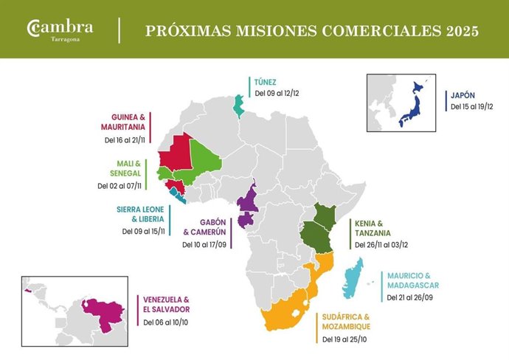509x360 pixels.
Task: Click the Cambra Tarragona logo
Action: (60, 30)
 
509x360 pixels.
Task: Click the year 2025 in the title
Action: (457, 31)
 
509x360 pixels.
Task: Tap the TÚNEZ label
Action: (267, 81)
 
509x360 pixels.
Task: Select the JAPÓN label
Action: (464, 94)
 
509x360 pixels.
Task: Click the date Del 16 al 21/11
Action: (124, 139)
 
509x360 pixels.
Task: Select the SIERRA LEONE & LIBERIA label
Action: (140, 215)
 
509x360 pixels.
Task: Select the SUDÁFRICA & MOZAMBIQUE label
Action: (346, 322)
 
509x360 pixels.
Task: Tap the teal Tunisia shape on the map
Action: (237, 105)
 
